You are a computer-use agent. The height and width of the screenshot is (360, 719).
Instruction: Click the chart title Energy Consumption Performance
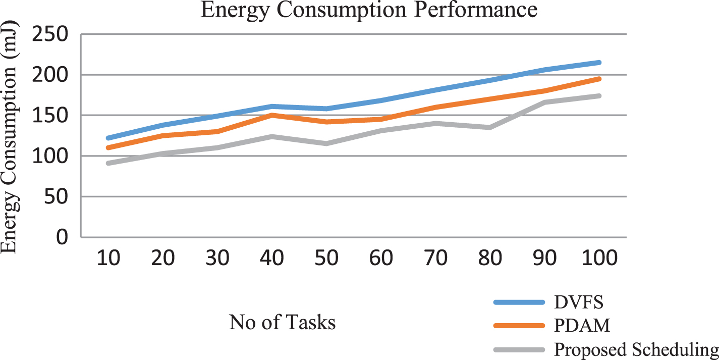tap(369, 10)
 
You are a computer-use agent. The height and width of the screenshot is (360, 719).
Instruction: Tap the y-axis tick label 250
tap(50, 34)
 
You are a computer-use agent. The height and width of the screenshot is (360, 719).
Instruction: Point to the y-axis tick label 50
tap(56, 196)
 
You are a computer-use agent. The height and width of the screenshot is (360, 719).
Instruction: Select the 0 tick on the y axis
tap(62, 237)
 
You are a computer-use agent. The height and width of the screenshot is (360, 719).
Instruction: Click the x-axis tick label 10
tap(108, 258)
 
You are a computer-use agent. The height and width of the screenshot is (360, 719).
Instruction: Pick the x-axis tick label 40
tap(272, 258)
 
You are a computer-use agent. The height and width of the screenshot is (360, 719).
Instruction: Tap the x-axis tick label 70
tap(435, 258)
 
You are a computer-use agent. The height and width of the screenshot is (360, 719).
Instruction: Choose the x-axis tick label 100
tap(599, 258)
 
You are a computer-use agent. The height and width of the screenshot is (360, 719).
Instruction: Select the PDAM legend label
tap(582, 326)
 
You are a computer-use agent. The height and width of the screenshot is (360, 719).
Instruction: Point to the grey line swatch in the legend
tap(519, 350)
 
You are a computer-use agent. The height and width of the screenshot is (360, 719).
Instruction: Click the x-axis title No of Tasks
tap(283, 322)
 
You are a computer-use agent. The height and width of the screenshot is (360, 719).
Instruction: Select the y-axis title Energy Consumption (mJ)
tap(9, 137)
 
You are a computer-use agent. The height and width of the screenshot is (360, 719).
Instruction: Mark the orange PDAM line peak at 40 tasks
tap(272, 115)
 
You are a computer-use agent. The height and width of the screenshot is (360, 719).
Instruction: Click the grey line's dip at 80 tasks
tap(490, 128)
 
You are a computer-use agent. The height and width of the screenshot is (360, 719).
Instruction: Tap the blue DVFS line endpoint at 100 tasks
tap(599, 62)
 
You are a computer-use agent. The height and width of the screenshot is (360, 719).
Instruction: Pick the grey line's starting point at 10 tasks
tap(108, 163)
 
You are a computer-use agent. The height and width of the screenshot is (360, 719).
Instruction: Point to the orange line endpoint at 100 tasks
tap(599, 79)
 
